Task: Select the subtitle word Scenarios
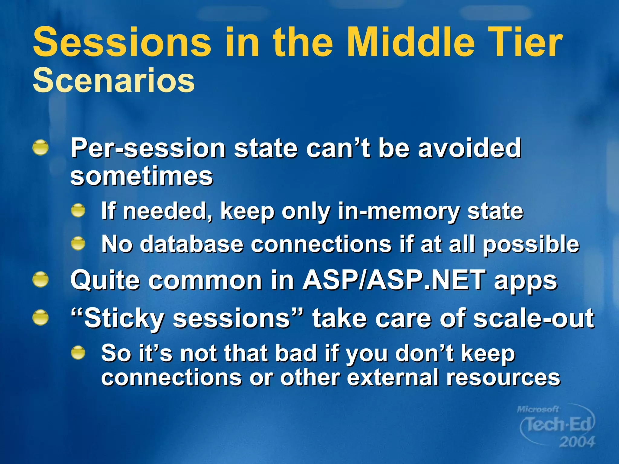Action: pyautogui.click(x=114, y=80)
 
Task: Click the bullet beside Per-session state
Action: pyautogui.click(x=41, y=148)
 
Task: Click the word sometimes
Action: pyautogui.click(x=141, y=176)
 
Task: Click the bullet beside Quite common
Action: pyautogui.click(x=41, y=279)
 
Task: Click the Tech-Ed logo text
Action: pyautogui.click(x=558, y=424)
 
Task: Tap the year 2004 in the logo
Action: pyautogui.click(x=577, y=442)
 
